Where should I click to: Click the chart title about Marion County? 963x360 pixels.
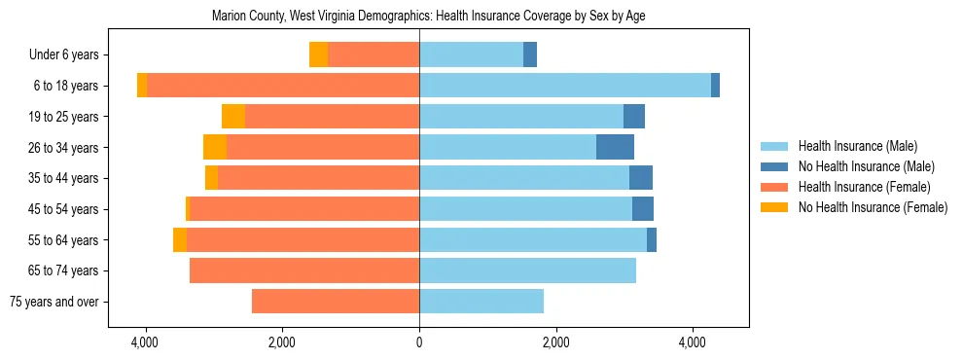tap(428, 16)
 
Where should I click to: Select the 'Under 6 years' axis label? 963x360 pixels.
tap(69, 55)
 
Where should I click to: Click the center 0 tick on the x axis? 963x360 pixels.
tap(419, 342)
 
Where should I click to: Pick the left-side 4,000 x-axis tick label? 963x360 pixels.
tap(145, 342)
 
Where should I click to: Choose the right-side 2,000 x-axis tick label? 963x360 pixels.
tap(555, 342)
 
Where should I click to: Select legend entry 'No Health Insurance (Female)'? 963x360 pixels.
tap(873, 207)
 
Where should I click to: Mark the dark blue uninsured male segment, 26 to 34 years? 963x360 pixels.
tap(615, 147)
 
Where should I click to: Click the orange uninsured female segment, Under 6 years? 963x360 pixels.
tap(318, 54)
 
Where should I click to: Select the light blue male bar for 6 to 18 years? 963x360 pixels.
tap(564, 86)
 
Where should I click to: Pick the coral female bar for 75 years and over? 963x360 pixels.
tap(336, 302)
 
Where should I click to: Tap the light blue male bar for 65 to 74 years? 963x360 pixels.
tap(527, 270)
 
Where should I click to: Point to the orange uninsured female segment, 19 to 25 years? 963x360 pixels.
tap(232, 117)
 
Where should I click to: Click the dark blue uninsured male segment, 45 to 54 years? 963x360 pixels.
tap(642, 209)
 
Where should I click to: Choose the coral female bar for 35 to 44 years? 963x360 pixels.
tap(318, 178)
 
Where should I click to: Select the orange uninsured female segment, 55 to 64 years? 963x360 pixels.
tap(180, 239)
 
